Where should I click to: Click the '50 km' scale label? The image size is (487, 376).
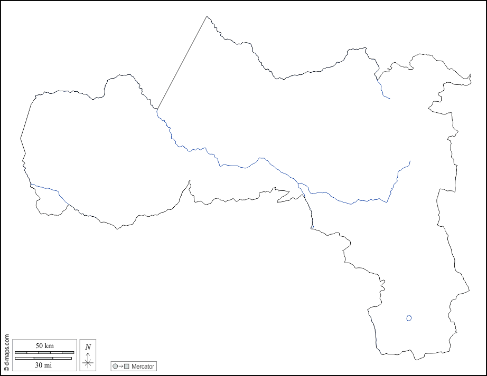click(45, 345)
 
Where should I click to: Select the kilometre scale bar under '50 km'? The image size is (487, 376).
click(44, 352)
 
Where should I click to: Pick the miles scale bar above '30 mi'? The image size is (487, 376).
click(43, 359)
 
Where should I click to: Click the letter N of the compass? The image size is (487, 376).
click(88, 347)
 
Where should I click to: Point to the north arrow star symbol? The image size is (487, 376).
click(88, 362)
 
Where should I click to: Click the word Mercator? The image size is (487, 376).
click(143, 366)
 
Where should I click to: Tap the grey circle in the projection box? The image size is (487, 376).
click(115, 366)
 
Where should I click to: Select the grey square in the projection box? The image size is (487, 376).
click(127, 366)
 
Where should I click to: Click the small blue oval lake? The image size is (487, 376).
click(409, 317)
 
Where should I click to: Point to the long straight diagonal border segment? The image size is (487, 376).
click(182, 62)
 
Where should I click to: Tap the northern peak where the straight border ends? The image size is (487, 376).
click(207, 16)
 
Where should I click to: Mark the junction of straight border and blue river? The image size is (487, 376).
click(157, 110)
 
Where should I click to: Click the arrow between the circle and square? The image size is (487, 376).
click(121, 366)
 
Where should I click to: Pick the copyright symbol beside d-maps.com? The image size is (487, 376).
click(6, 369)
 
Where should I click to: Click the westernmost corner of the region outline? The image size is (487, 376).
click(21, 138)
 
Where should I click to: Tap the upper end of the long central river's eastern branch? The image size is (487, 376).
click(410, 161)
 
